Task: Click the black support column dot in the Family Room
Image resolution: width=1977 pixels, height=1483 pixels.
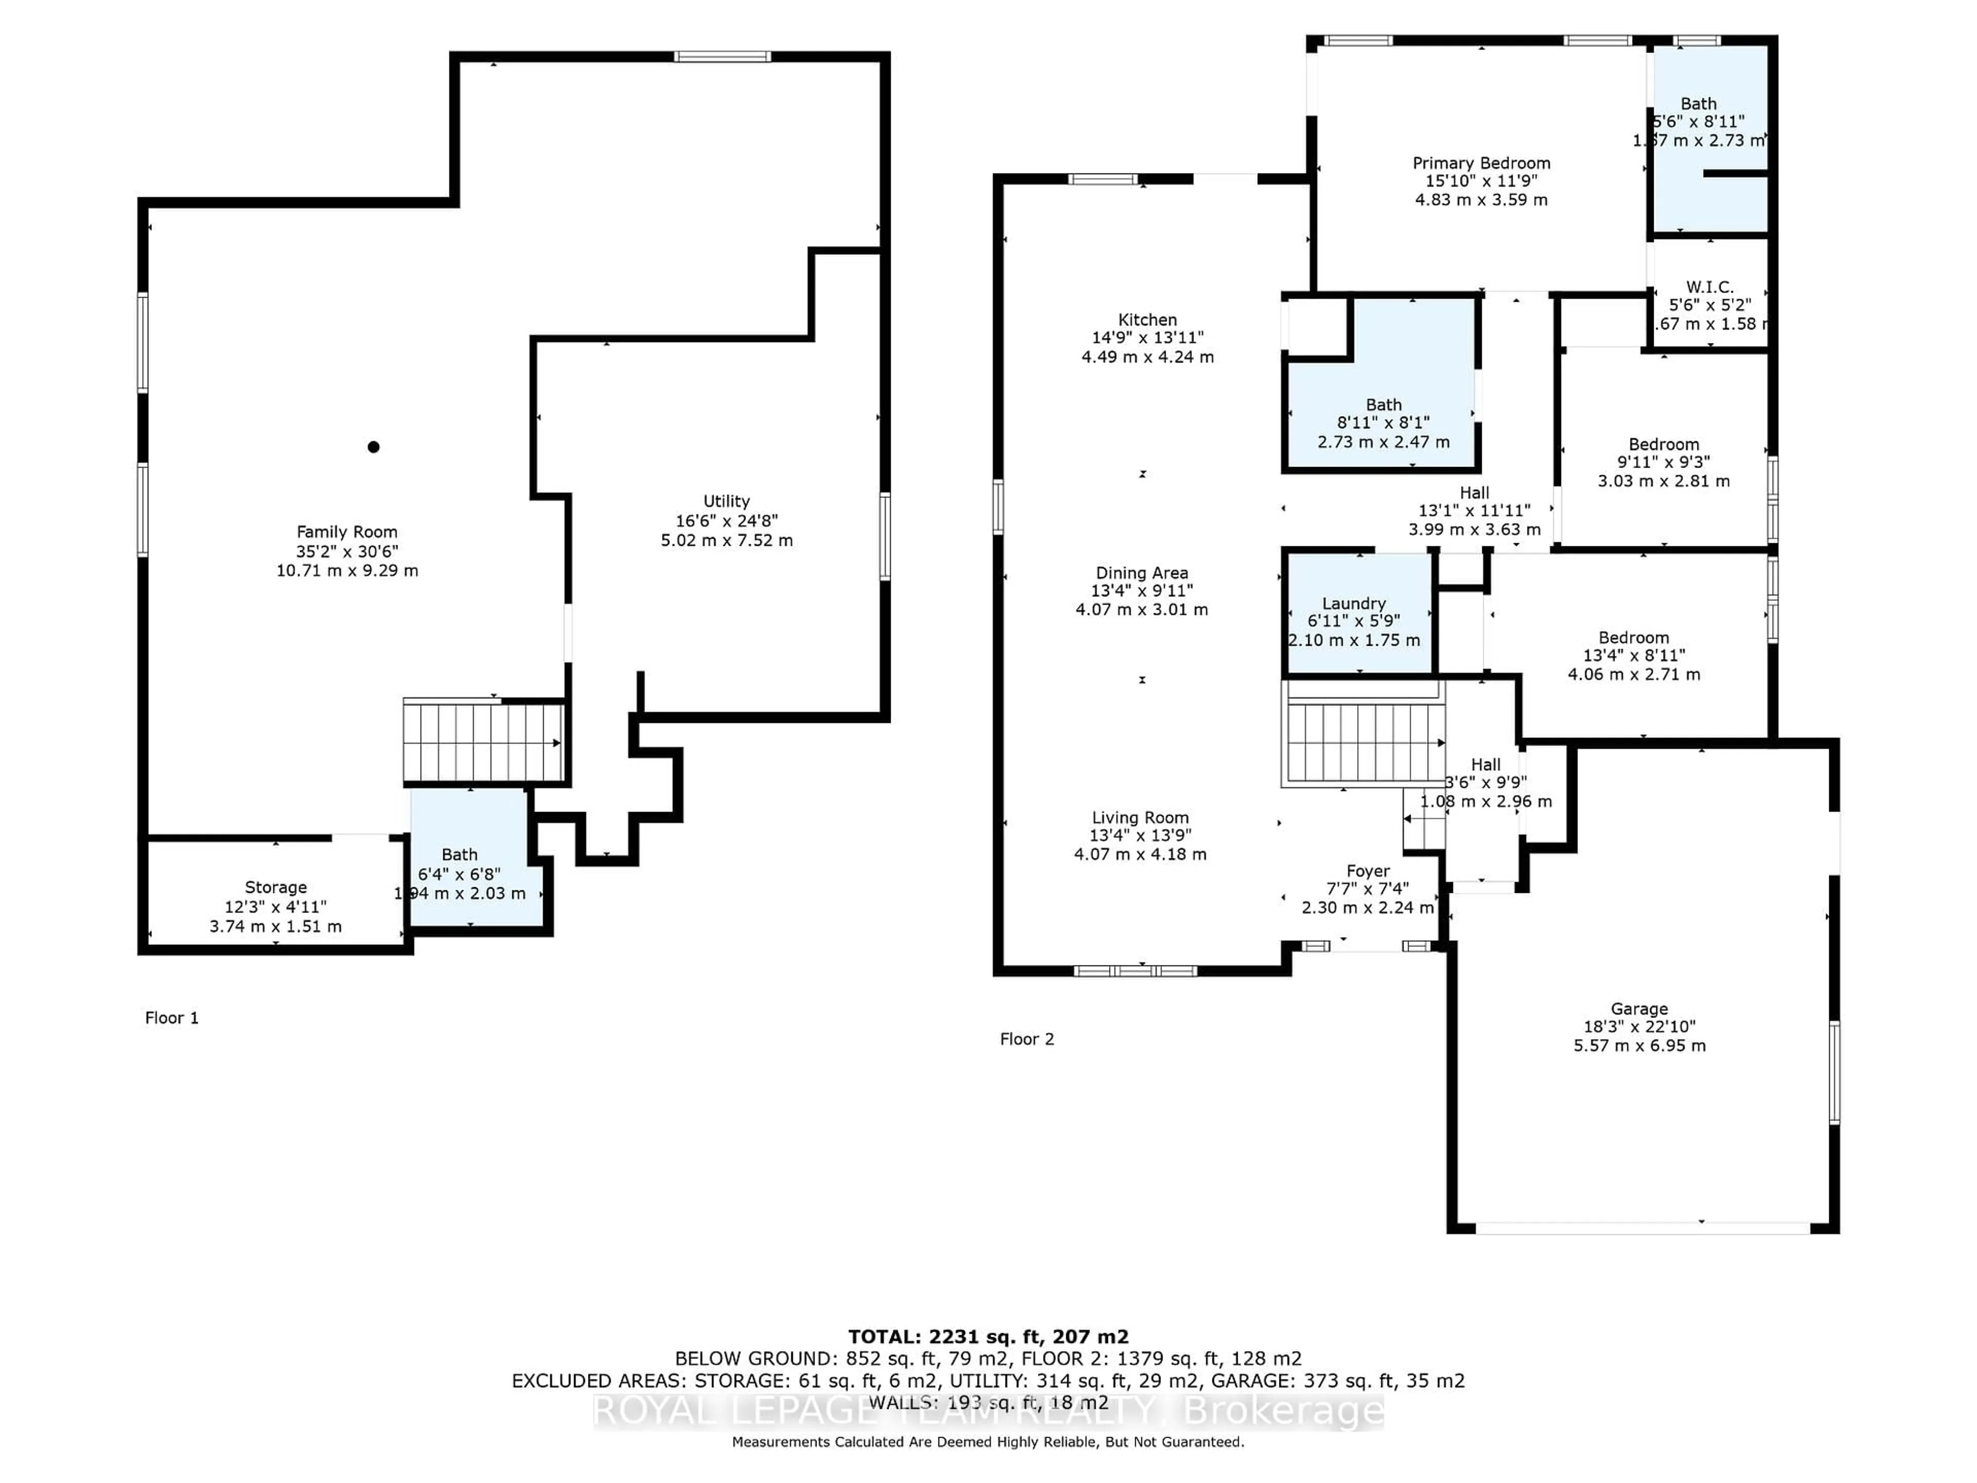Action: click(x=374, y=447)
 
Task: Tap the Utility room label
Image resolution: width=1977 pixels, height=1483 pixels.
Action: click(x=726, y=502)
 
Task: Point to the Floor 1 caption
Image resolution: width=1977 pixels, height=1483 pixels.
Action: click(x=171, y=1018)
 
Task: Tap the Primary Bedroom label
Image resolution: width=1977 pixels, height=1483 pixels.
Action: click(x=1481, y=163)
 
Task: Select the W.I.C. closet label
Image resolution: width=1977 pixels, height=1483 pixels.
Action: click(x=1709, y=287)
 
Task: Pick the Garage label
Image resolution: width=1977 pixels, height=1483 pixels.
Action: click(x=1639, y=1008)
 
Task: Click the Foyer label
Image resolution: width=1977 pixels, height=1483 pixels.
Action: click(x=1367, y=871)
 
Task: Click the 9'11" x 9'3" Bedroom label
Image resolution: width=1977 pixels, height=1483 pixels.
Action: click(x=1663, y=444)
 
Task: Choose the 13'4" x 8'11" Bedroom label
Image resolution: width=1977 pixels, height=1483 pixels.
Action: click(x=1633, y=637)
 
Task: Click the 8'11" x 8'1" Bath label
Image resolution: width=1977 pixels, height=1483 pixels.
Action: click(x=1383, y=405)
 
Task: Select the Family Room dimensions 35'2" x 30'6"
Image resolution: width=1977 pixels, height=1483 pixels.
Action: click(x=347, y=551)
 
